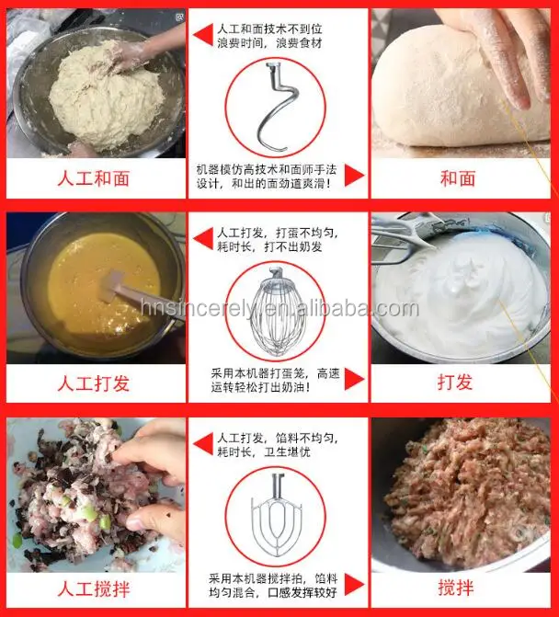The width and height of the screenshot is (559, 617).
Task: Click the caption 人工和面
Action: (94, 178)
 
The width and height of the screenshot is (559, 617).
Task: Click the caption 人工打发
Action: (94, 383)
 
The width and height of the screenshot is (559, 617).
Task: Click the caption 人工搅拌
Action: (94, 587)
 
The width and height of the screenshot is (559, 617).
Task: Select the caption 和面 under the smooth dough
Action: (457, 178)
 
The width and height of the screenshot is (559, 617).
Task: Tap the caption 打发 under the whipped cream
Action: (457, 383)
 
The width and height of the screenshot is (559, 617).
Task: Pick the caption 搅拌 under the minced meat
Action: (457, 587)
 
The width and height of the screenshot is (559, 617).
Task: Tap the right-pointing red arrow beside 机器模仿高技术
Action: (354, 175)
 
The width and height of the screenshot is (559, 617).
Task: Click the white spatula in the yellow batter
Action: (129, 294)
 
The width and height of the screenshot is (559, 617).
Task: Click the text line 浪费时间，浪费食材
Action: (268, 43)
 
